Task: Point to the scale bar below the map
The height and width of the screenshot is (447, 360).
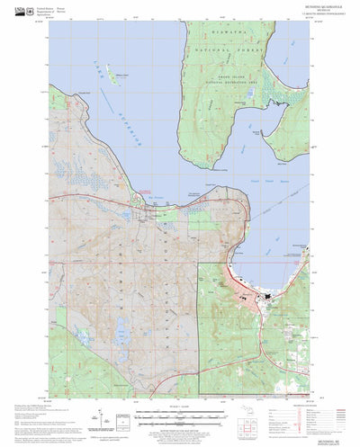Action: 179,415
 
